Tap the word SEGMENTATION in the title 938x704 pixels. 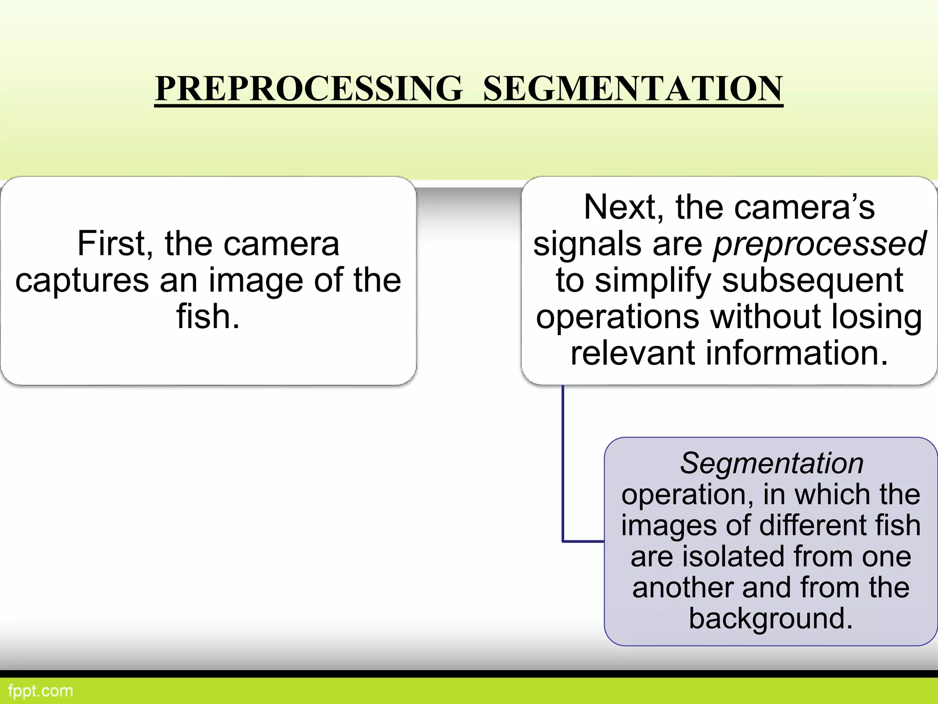point(633,88)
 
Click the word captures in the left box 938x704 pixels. point(82,280)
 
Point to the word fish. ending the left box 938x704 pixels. point(208,317)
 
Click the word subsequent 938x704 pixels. point(813,281)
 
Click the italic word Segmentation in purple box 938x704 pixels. point(771,463)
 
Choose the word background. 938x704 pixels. point(771,619)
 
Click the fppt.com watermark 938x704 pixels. point(40,691)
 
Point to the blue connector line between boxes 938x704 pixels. point(563,463)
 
